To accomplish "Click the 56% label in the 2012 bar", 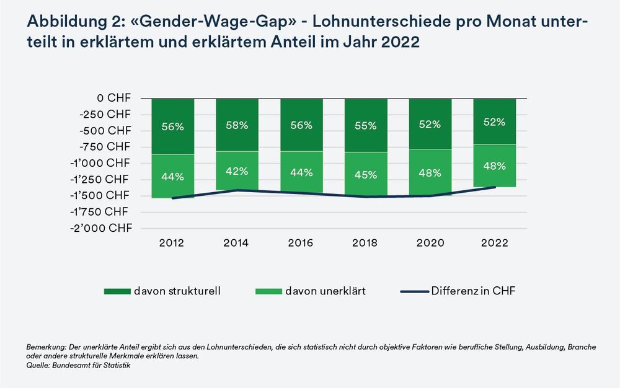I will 172,126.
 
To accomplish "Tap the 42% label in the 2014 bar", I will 237,171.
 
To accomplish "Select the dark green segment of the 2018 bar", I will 366,125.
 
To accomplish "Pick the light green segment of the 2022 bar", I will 494,165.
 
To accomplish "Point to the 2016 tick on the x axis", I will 301,243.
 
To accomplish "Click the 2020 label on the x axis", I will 430,243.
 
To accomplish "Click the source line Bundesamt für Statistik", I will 91,366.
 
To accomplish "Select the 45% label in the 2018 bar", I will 366,174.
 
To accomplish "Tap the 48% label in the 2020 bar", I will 430,173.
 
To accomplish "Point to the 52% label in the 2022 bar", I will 494,121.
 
